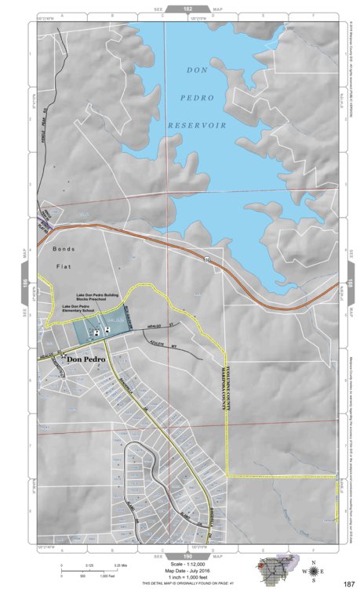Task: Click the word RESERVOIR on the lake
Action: [x=197, y=125]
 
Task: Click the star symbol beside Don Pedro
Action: [x=63, y=357]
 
